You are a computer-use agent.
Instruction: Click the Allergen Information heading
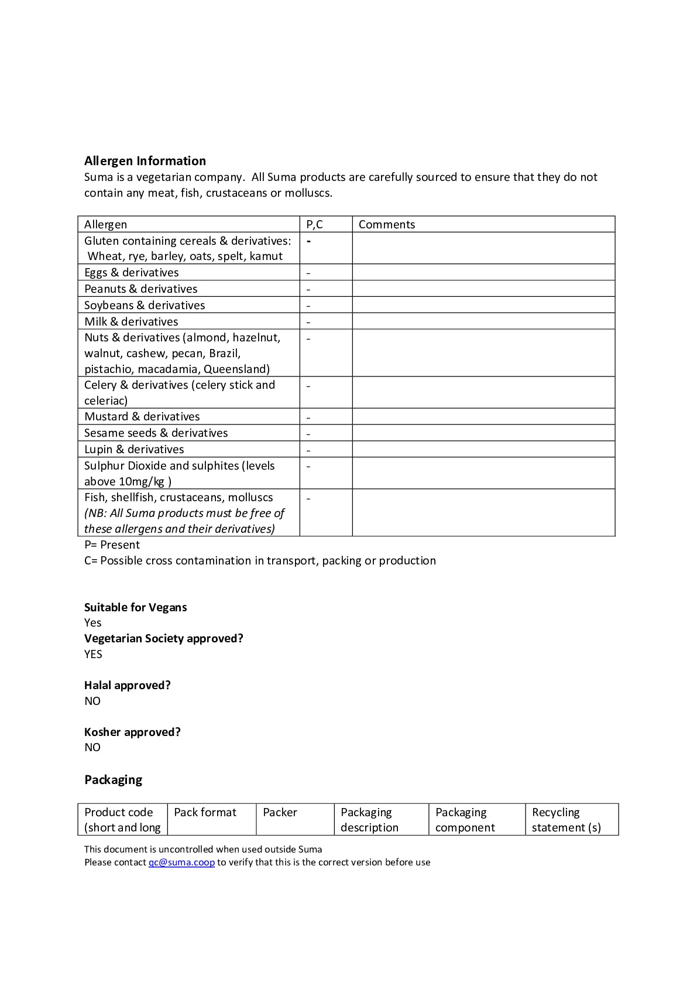145,161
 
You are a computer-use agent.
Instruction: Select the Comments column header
386,224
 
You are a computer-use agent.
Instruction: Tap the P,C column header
314,224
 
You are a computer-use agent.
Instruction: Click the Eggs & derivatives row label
131,272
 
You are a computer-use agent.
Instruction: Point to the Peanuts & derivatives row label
140,289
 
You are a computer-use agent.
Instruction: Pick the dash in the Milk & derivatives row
308,322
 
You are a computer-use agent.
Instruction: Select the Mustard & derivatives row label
142,416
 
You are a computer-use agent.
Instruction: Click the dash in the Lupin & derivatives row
308,450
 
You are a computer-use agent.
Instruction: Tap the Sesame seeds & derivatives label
156,433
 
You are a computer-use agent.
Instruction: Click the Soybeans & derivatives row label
145,305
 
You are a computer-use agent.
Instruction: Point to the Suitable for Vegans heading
135,607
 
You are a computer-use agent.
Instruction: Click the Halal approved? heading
127,685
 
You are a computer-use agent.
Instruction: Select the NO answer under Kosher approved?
92,748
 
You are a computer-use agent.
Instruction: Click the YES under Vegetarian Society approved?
93,654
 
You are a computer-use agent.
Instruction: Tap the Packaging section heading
113,780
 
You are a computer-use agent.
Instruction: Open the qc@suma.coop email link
181,862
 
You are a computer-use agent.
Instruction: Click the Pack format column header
205,812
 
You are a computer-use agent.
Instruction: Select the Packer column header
280,812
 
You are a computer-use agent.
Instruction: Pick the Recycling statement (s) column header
566,820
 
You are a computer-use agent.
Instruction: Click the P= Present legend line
112,545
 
